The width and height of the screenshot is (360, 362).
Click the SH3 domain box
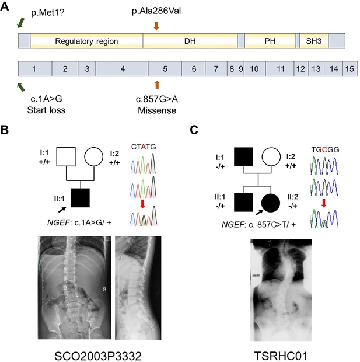pyautogui.click(x=313, y=41)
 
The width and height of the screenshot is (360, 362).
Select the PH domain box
pyautogui.click(x=269, y=41)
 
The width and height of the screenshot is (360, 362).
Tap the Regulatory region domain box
pyautogui.click(x=86, y=41)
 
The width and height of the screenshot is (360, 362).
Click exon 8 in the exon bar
pyautogui.click(x=232, y=69)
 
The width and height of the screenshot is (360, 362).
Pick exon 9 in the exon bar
pyautogui.click(x=240, y=69)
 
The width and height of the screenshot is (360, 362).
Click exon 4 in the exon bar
pyautogui.click(x=122, y=69)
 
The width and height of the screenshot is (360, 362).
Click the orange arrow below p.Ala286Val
pyautogui.click(x=156, y=25)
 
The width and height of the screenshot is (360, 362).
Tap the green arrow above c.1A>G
pyautogui.click(x=22, y=86)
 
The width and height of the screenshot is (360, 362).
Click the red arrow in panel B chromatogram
pyautogui.click(x=142, y=203)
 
